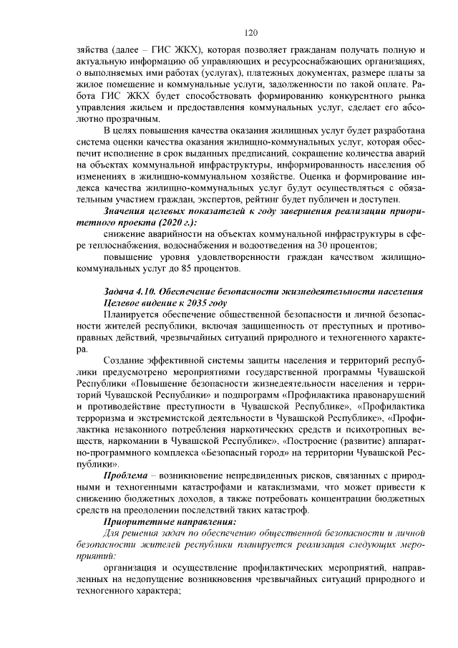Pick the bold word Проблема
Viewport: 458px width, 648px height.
click(x=127, y=475)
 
